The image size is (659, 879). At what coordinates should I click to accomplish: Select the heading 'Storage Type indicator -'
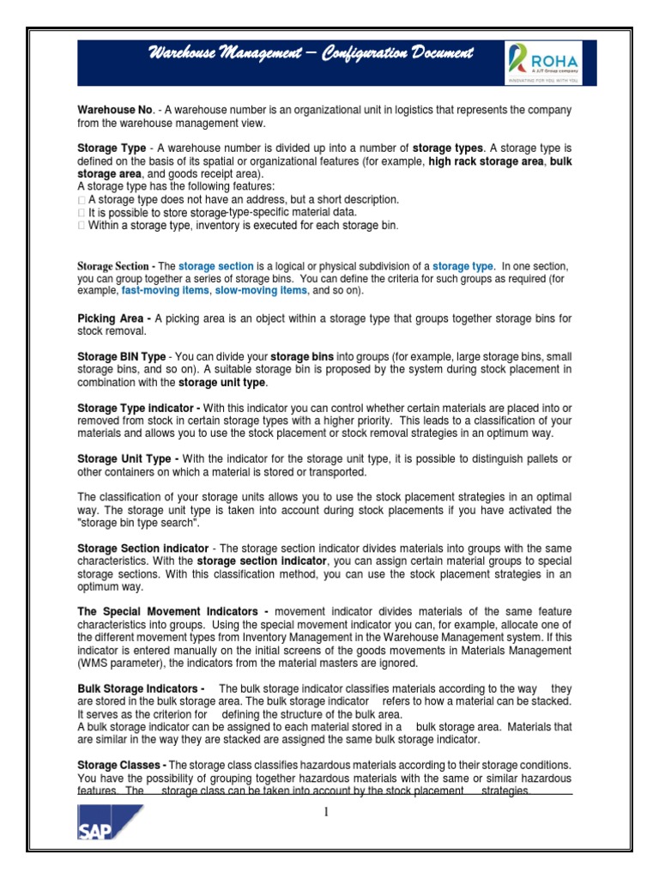pyautogui.click(x=139, y=407)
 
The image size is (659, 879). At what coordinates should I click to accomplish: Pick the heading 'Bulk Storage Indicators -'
pyautogui.click(x=141, y=689)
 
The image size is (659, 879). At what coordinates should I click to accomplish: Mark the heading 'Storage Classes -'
pyautogui.click(x=122, y=765)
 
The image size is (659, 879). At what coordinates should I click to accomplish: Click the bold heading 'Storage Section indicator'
pyautogui.click(x=142, y=548)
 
